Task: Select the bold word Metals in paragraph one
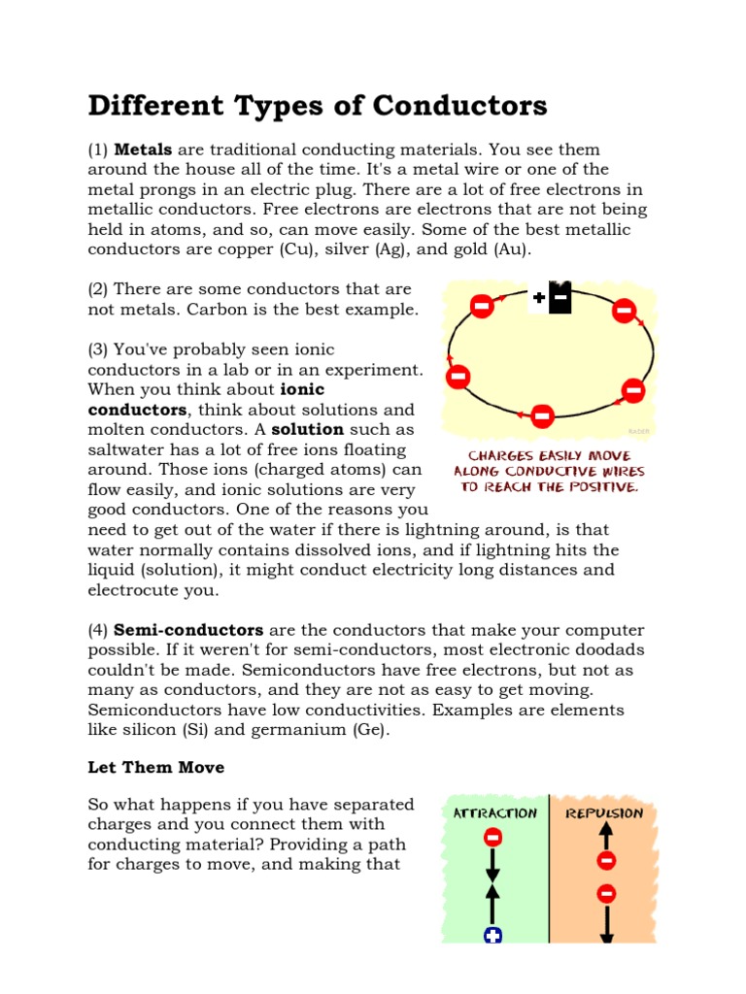(x=143, y=149)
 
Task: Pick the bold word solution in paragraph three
(x=308, y=429)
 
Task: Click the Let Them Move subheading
(x=155, y=768)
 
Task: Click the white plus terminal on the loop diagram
(x=539, y=298)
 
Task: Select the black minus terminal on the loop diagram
(x=560, y=298)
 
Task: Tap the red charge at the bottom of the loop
(x=543, y=416)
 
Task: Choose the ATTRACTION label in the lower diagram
(x=495, y=813)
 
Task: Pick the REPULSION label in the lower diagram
(x=604, y=813)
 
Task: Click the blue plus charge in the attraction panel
(x=493, y=936)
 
